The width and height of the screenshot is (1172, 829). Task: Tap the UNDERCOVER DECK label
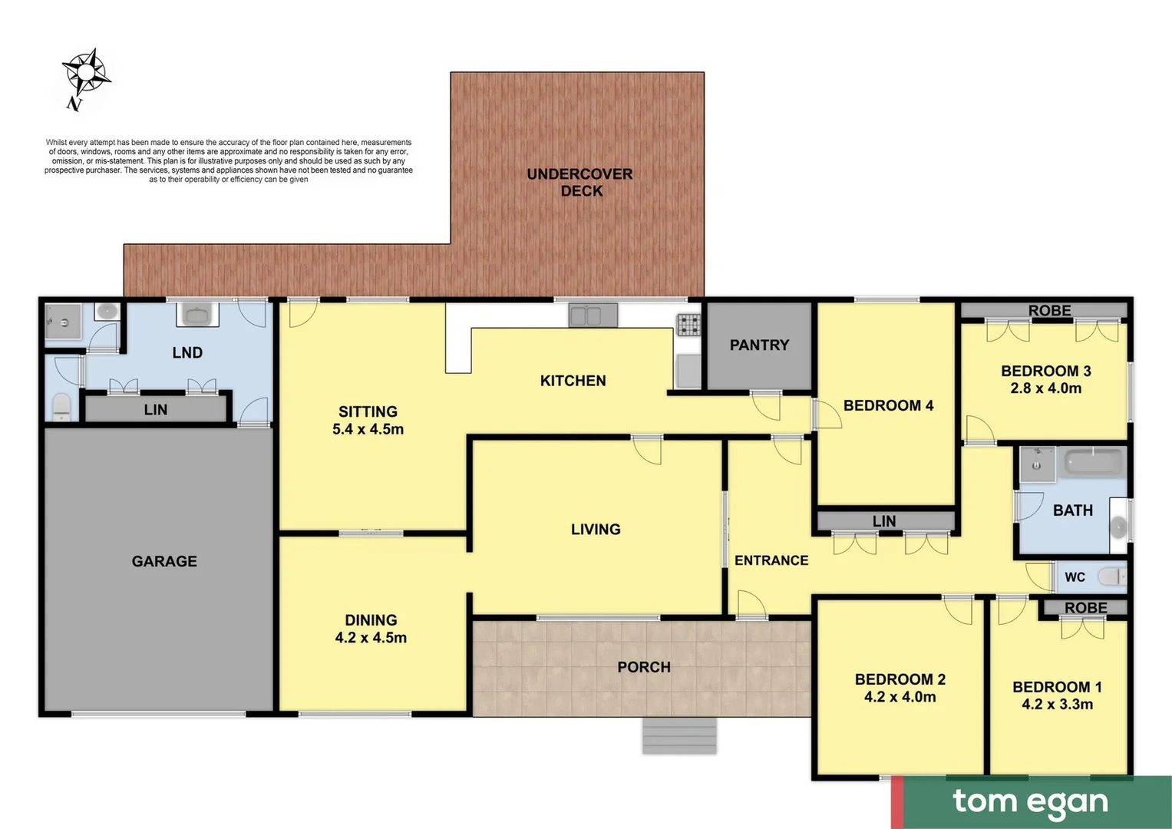click(x=579, y=183)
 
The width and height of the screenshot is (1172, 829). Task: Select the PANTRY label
click(x=758, y=345)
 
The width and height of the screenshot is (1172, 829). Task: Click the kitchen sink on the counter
click(x=593, y=315)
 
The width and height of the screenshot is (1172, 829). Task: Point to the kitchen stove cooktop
click(x=688, y=325)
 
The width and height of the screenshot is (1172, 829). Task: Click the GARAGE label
click(x=164, y=561)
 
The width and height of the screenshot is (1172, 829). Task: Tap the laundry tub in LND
click(x=197, y=315)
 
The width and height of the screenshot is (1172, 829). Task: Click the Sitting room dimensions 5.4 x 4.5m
click(x=368, y=429)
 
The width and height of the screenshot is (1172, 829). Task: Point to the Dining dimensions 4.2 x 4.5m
click(x=371, y=638)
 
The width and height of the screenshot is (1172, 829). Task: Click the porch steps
click(x=679, y=735)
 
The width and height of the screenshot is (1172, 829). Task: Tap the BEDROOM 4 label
click(x=888, y=405)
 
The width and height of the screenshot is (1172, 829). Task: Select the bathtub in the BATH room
click(x=1093, y=464)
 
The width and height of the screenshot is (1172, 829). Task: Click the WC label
click(x=1075, y=577)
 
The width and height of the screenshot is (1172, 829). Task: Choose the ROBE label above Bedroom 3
click(x=1049, y=311)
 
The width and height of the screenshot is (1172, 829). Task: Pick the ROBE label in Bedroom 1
click(x=1085, y=608)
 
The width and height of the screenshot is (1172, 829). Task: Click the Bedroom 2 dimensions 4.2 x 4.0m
click(x=900, y=697)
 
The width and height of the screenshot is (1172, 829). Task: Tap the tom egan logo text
click(x=1030, y=802)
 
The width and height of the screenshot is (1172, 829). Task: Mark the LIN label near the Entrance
click(x=883, y=521)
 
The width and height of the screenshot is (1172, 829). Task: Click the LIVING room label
click(x=596, y=529)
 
